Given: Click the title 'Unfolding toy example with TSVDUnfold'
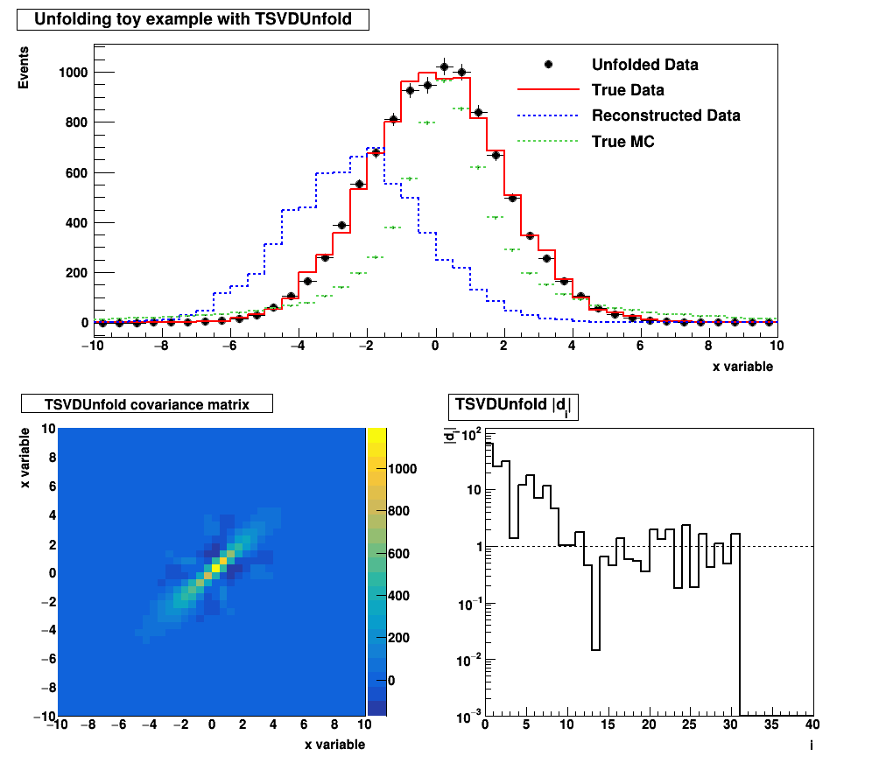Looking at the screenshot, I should coord(193,20).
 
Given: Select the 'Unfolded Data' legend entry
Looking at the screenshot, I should coord(644,65).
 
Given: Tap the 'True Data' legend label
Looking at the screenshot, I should coord(628,90).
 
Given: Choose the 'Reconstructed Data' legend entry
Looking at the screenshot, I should coord(665,115).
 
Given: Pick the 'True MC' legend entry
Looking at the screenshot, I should coord(622,141).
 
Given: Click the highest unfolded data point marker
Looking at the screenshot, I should coord(444,66).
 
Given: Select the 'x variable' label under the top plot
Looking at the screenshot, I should coord(742,367).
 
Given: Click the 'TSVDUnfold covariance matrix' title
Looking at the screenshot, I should coord(147,404).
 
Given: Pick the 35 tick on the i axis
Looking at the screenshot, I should coord(771,725).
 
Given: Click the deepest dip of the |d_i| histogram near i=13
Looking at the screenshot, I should coord(595,649).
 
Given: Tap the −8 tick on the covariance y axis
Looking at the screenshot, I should coord(49,688).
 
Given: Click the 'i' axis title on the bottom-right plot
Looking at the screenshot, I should coord(811,745).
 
